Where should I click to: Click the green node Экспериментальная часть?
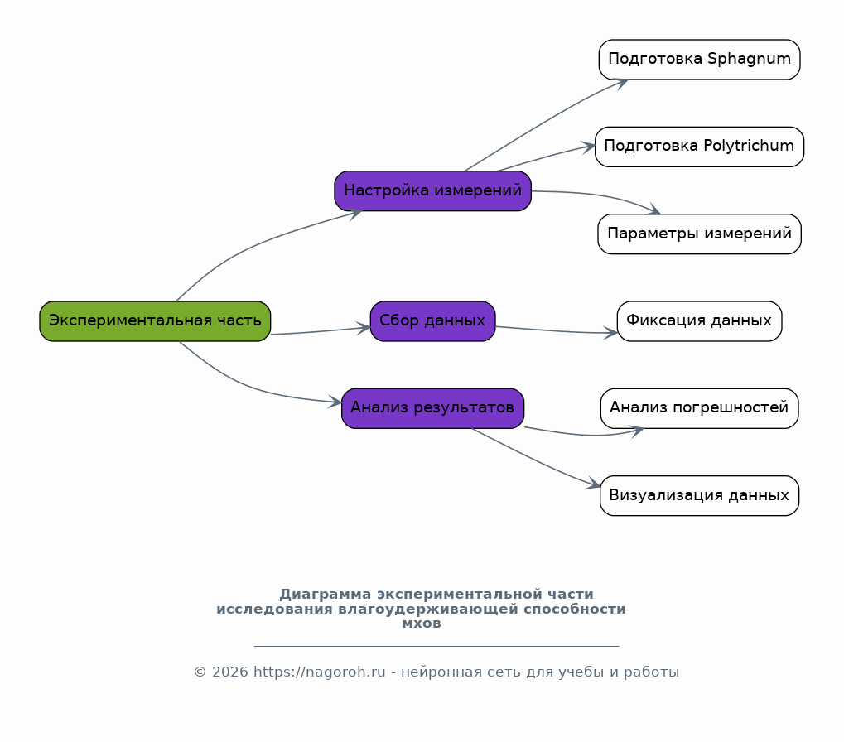155,321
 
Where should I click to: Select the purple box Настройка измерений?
432,191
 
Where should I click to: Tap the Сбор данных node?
432,321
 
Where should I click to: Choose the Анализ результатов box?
432,408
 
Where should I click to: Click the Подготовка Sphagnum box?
699,59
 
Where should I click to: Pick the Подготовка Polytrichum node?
699,147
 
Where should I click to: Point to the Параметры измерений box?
699,234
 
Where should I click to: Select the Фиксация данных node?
699,321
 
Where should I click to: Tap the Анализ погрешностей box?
699,408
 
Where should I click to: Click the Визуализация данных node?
699,495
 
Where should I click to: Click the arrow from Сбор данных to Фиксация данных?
556,331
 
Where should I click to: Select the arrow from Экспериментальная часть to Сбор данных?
321,331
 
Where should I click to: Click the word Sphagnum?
749,59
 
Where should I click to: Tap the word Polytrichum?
749,147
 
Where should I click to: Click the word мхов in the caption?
422,624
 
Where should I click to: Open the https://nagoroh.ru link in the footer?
319,672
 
